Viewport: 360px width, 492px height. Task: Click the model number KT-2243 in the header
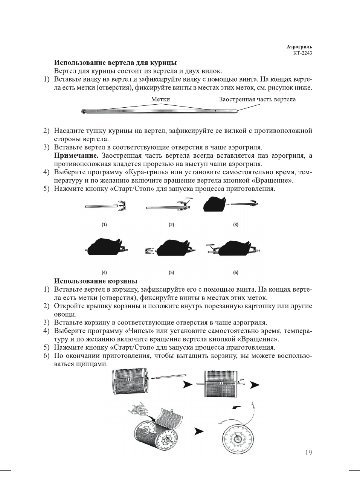pos(302,53)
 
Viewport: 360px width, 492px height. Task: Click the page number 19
pos(308,452)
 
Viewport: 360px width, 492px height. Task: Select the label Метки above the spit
pos(160,99)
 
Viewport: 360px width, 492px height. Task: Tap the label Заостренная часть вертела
pos(257,99)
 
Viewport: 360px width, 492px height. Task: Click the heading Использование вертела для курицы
pos(115,62)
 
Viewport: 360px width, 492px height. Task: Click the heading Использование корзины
pos(96,281)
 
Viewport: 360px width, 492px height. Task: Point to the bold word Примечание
pos(76,155)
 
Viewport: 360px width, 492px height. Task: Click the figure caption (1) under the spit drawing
pos(104,225)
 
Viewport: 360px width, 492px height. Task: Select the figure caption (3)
pos(236,225)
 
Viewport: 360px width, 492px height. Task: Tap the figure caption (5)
pos(171,273)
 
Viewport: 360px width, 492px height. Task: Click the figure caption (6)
pos(236,273)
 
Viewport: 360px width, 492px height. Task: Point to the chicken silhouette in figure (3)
pos(214,204)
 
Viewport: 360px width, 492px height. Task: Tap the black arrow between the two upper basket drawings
pos(187,385)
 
